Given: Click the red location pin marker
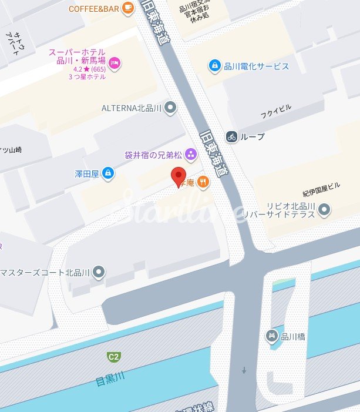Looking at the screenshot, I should (x=178, y=176).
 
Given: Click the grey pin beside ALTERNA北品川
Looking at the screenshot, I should (x=170, y=108).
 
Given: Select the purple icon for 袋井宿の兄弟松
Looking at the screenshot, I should (x=191, y=155).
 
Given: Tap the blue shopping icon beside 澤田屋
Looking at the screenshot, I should (x=107, y=173).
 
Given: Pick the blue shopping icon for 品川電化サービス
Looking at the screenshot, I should (x=216, y=65).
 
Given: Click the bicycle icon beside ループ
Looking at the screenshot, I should (x=231, y=136).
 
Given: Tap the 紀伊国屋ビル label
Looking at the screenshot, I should (x=321, y=193).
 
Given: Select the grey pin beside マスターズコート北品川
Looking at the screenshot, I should (x=99, y=272).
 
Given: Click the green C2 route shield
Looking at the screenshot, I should (x=113, y=356).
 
